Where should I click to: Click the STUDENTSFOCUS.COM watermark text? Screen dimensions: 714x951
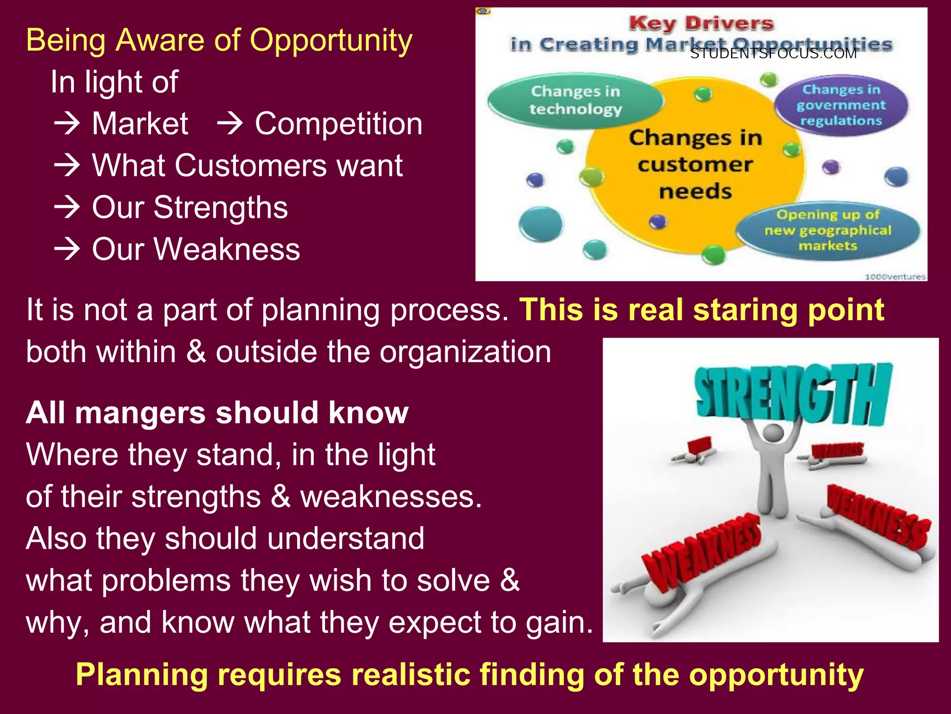coord(773,54)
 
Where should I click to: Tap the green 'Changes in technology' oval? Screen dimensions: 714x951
coord(575,100)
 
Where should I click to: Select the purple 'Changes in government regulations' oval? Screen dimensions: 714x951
coord(841,105)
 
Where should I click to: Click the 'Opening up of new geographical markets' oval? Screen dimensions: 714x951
coord(828,231)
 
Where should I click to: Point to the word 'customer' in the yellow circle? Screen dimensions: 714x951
coord(695,165)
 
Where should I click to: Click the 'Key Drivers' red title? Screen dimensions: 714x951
coord(701,23)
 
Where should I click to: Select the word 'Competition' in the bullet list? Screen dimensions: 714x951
coord(339,124)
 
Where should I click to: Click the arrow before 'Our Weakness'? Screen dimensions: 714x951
coord(67,249)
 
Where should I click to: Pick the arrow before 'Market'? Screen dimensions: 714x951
coord(67,124)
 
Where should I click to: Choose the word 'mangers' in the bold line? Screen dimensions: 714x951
coord(140,413)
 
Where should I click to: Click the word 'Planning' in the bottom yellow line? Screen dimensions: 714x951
coord(142,674)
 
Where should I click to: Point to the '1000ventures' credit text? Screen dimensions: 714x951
coord(895,277)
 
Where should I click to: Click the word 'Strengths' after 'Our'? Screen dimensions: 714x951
coord(221,207)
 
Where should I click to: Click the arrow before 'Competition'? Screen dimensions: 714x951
coord(230,124)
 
